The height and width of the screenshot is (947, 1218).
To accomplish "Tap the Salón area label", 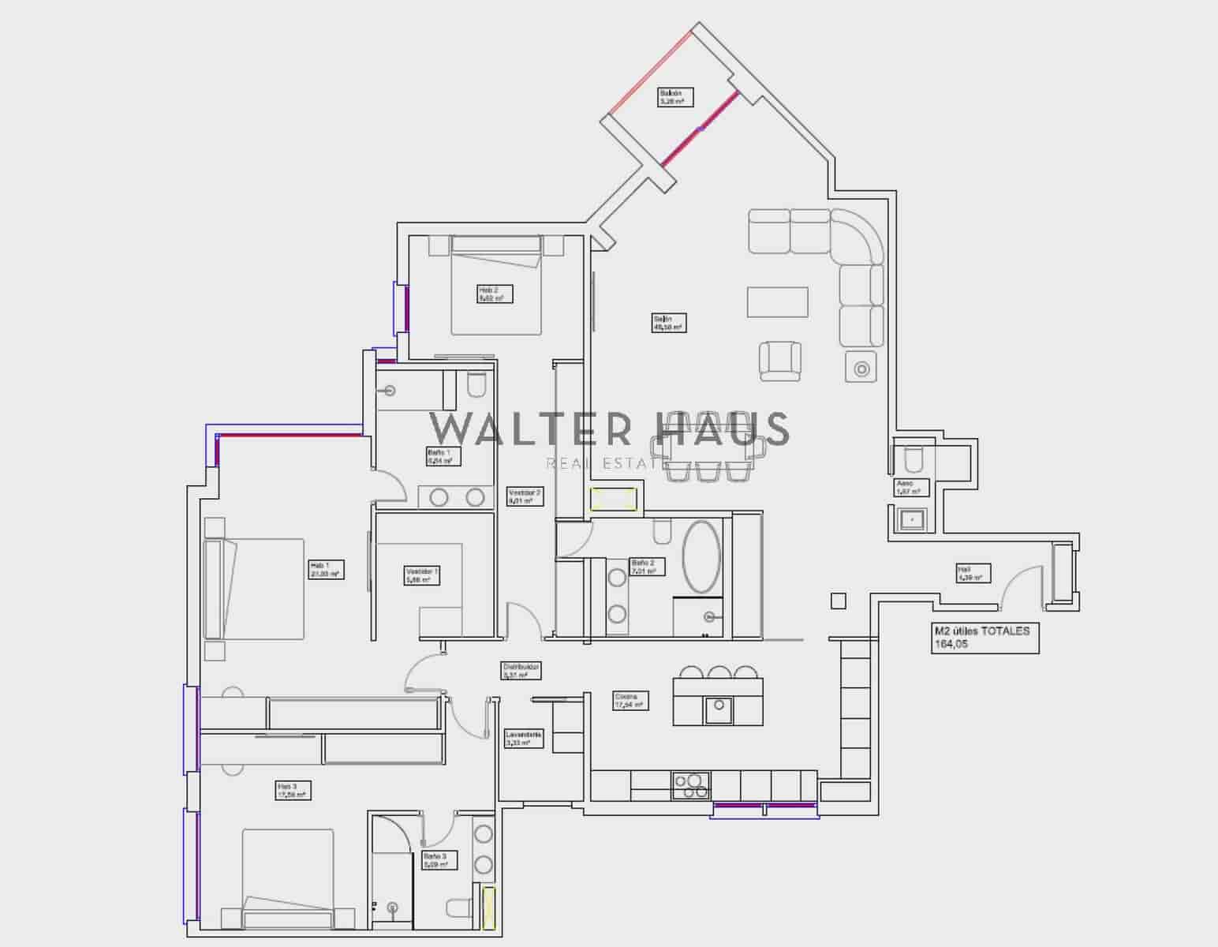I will click(x=669, y=323).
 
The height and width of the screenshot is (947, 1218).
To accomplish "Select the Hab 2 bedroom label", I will click(x=495, y=294).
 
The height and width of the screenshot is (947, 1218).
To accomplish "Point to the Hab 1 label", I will click(x=325, y=570).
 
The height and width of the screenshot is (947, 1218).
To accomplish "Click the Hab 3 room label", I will click(x=292, y=791).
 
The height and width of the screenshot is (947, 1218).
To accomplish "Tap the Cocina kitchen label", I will click(x=631, y=701).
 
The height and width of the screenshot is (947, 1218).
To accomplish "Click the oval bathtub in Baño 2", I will click(x=701, y=556).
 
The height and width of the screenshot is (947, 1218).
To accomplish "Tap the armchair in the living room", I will click(x=780, y=361).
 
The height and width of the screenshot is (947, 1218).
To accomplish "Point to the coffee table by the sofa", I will click(x=778, y=301).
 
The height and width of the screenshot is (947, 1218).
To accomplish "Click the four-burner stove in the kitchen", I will click(x=691, y=786).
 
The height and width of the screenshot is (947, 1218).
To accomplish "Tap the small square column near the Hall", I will click(x=838, y=601).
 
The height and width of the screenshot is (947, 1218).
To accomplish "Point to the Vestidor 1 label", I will click(x=421, y=575).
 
